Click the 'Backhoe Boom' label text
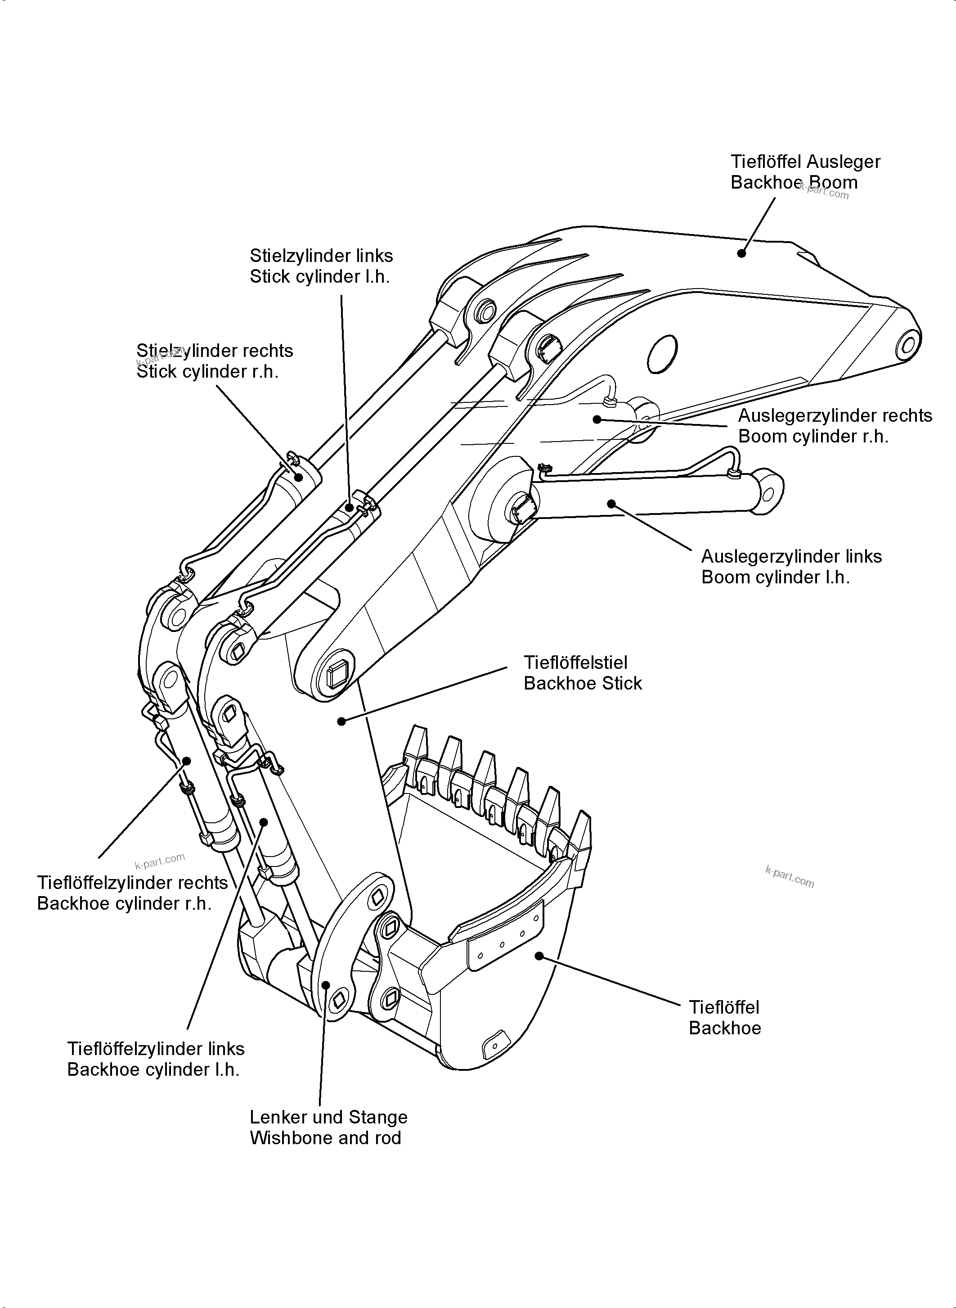click(x=794, y=182)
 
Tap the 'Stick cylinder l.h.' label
click(x=319, y=277)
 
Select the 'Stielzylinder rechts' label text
click(x=215, y=351)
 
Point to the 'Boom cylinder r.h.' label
click(x=813, y=437)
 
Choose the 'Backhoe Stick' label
click(x=582, y=683)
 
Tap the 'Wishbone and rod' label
click(x=325, y=1138)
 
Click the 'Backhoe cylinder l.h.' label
click(x=153, y=1069)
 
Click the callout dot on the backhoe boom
click(x=741, y=253)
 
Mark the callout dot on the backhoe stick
click(x=341, y=721)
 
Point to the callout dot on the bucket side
click(x=539, y=956)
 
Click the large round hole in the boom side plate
click(x=662, y=354)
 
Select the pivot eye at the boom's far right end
click(x=907, y=346)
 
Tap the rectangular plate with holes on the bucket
click(x=506, y=936)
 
